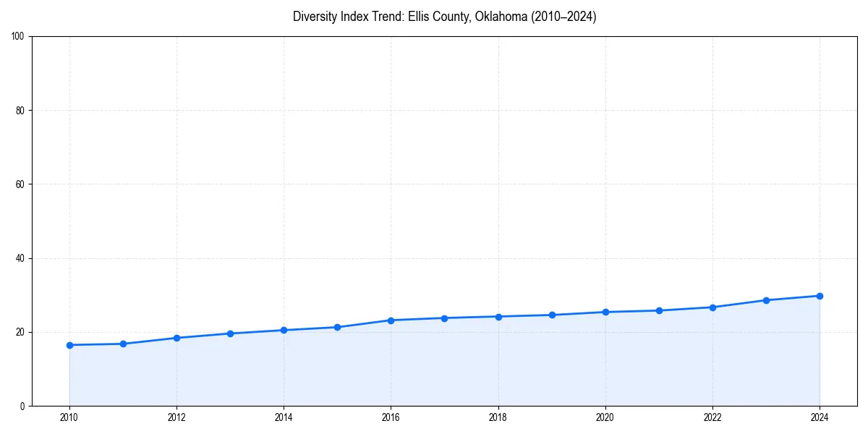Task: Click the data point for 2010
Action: pyautogui.click(x=69, y=345)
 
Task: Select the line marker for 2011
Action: pyautogui.click(x=123, y=344)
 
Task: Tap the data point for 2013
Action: pyautogui.click(x=230, y=333)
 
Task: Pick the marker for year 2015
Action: pyautogui.click(x=337, y=327)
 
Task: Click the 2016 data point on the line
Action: pyautogui.click(x=391, y=320)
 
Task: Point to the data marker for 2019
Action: pyautogui.click(x=552, y=315)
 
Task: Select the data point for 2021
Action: pyautogui.click(x=659, y=310)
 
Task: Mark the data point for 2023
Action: pyautogui.click(x=766, y=300)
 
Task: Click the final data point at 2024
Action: pyautogui.click(x=820, y=296)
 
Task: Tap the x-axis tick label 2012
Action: pyautogui.click(x=176, y=417)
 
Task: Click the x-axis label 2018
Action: pyautogui.click(x=498, y=417)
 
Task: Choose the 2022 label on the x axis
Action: pyautogui.click(x=712, y=417)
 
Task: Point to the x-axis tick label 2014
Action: pyautogui.click(x=284, y=417)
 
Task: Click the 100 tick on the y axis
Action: pyautogui.click(x=18, y=36)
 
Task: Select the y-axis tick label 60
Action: pyautogui.click(x=20, y=184)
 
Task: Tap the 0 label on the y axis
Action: pyautogui.click(x=22, y=406)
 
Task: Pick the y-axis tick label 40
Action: pyautogui.click(x=20, y=258)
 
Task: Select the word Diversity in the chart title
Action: pyautogui.click(x=315, y=17)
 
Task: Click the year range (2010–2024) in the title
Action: pyautogui.click(x=564, y=17)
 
